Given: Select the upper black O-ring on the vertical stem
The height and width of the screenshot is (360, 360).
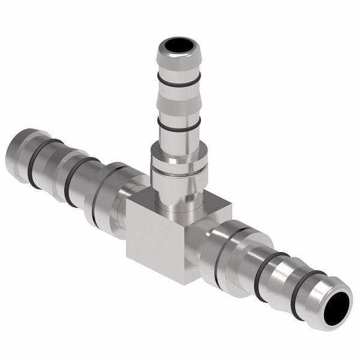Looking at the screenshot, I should (x=179, y=80).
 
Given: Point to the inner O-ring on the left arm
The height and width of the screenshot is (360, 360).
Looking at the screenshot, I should (x=77, y=180).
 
